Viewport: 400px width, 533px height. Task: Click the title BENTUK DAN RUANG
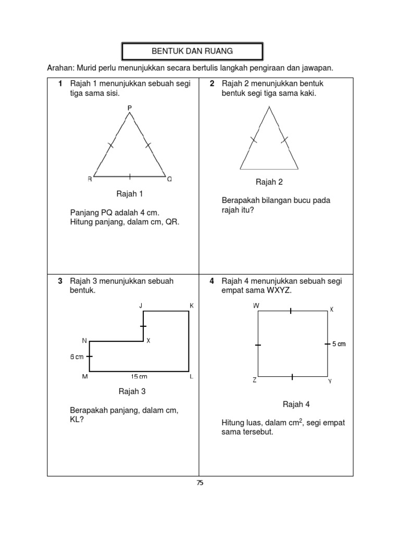[x=192, y=51]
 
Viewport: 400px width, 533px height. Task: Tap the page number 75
[x=200, y=483]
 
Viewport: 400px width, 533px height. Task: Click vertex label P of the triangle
[x=130, y=108]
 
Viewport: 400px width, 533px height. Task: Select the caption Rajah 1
[x=130, y=194]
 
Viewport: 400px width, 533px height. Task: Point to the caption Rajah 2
[x=269, y=182]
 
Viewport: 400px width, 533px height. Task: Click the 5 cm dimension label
[x=339, y=344]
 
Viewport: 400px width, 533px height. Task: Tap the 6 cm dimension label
[x=77, y=357]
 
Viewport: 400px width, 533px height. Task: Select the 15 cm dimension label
[x=139, y=377]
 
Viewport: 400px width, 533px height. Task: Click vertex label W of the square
[x=256, y=306]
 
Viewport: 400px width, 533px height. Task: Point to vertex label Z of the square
[x=255, y=380]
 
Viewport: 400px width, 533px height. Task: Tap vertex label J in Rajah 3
[x=141, y=306]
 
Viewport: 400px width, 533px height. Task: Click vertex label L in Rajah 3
[x=192, y=377]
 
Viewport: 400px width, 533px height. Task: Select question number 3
[x=60, y=281]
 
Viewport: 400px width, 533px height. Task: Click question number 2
[x=213, y=83]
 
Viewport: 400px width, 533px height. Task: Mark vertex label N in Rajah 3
[x=84, y=340]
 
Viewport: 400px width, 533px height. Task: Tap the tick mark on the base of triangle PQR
[x=130, y=176]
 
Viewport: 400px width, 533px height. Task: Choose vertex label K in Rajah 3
[x=192, y=306]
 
